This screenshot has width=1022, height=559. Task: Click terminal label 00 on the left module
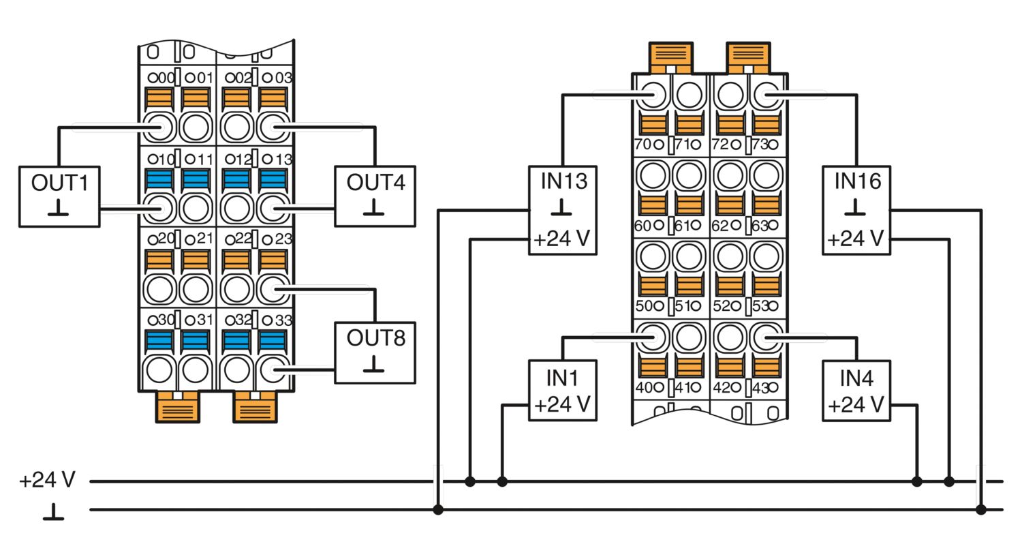click(166, 78)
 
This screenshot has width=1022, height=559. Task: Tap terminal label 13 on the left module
click(284, 160)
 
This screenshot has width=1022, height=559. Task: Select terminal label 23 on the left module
click(284, 239)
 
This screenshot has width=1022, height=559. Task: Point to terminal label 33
click(284, 320)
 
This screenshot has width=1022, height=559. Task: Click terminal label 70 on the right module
click(643, 145)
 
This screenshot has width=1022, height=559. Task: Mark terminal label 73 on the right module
click(760, 145)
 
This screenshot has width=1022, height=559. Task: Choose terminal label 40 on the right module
click(644, 387)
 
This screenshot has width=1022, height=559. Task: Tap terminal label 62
click(720, 226)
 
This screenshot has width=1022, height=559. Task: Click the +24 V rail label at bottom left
click(47, 480)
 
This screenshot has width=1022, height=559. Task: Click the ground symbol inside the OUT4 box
click(374, 207)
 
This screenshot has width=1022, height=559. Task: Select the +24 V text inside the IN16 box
click(856, 239)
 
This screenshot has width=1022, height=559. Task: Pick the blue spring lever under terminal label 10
click(159, 180)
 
